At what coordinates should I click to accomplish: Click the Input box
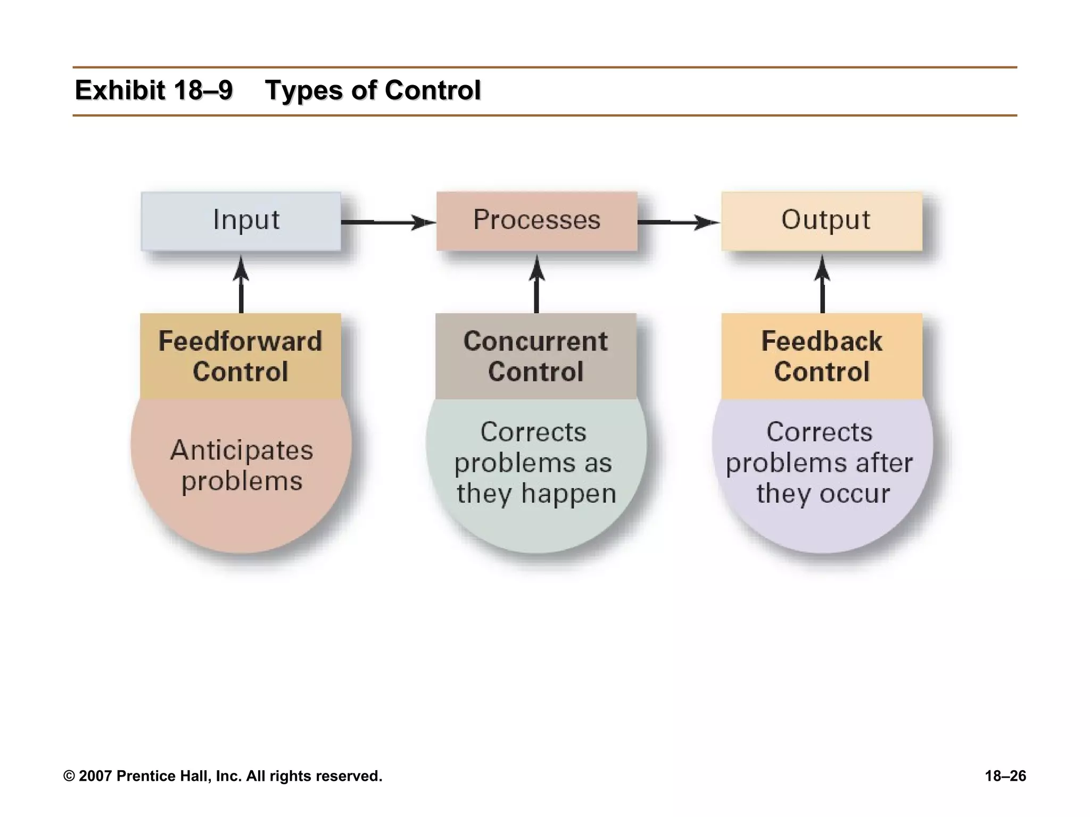[x=241, y=221]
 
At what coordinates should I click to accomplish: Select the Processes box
[x=536, y=221]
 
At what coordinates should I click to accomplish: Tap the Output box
[x=822, y=221]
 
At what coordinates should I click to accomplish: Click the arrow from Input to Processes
[x=389, y=222]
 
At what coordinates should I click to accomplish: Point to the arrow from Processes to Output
[x=679, y=222]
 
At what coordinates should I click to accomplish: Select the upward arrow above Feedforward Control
[x=241, y=285]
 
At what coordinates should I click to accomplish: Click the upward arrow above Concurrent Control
[x=536, y=285]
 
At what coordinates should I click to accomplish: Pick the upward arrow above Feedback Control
[x=822, y=285]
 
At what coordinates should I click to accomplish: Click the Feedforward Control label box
[x=241, y=356]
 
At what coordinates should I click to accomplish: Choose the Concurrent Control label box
[x=536, y=356]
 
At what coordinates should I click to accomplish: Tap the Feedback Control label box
[x=822, y=356]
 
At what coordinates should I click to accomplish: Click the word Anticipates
[x=242, y=451]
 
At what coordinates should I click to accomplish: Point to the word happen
[x=568, y=494]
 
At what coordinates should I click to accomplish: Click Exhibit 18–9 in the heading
[x=154, y=90]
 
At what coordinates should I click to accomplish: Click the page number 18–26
[x=1005, y=776]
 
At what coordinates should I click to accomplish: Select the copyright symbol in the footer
[x=69, y=776]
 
